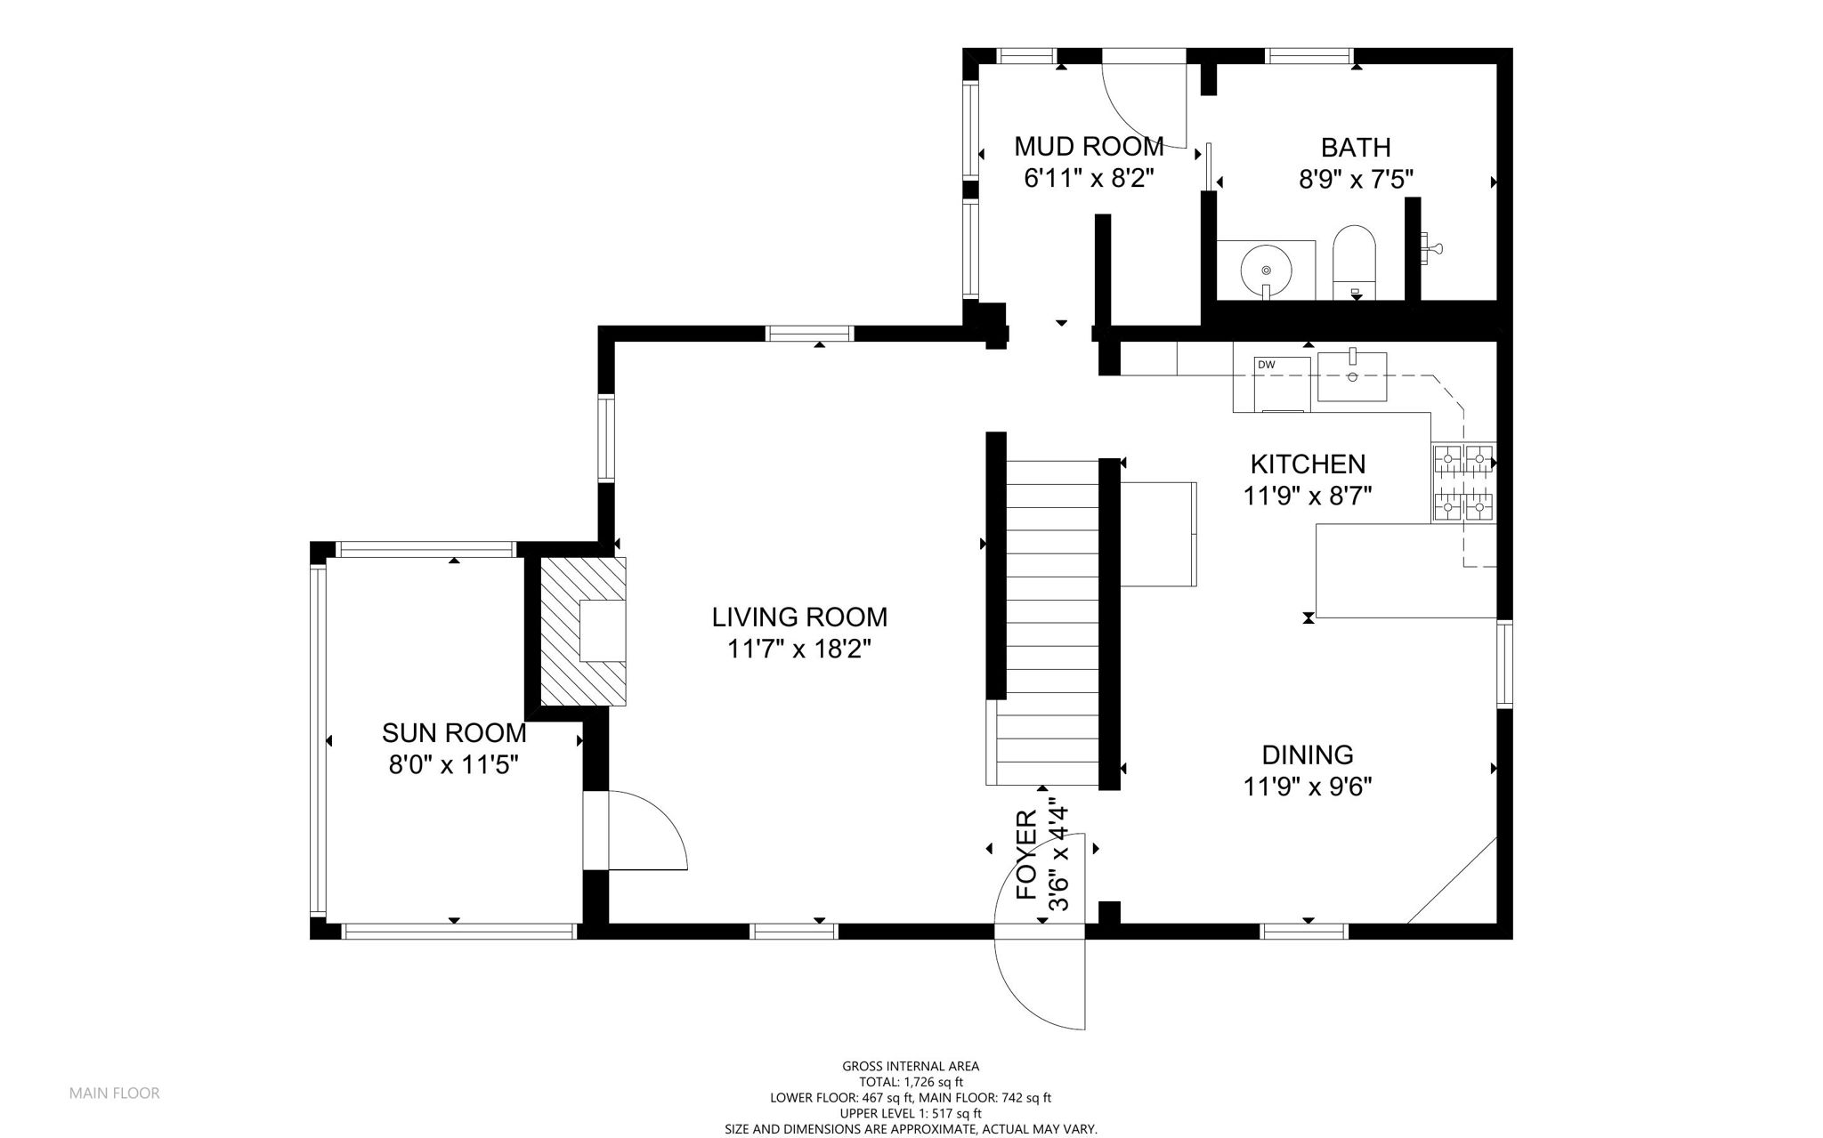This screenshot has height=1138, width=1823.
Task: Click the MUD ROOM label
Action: coord(1089,146)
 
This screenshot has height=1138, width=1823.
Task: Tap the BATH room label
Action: coord(1356,147)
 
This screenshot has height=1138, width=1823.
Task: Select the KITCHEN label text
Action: coord(1308,464)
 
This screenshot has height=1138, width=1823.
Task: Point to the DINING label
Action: coord(1308,755)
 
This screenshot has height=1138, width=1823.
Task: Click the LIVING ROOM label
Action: coord(799,617)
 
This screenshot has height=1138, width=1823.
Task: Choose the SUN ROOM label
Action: coord(454,733)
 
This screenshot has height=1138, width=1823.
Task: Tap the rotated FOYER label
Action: coord(1027,855)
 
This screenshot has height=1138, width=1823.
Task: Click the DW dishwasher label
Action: coord(1266,364)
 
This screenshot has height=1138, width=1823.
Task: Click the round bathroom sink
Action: coord(1265,269)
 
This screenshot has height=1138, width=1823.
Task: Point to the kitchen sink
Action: coord(1352,376)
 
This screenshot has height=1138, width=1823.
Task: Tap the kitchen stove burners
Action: coord(1463,482)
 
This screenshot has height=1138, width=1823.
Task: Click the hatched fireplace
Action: coord(583,632)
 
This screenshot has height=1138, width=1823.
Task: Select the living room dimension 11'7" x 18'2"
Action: coord(799,650)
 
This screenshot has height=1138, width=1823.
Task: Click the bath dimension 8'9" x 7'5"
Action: coord(1356,180)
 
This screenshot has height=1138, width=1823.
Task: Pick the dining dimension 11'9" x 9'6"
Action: coord(1308,787)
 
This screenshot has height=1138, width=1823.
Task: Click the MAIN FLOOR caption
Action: coord(115,1093)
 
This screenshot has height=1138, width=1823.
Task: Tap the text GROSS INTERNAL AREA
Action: coord(911,1066)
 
